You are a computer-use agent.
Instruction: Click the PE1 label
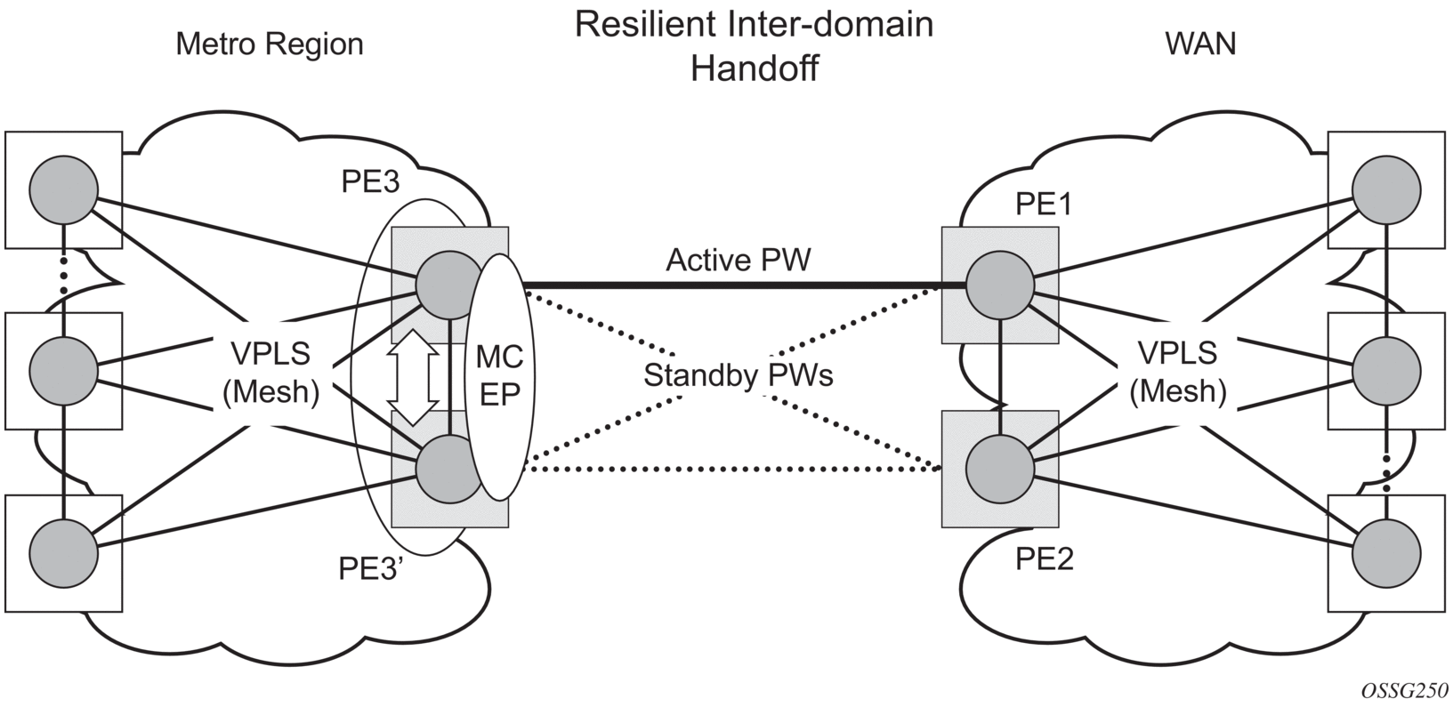tap(1044, 205)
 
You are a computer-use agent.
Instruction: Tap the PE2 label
tap(1045, 559)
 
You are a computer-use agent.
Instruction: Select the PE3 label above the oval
tap(371, 181)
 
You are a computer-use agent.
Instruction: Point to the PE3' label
tap(372, 568)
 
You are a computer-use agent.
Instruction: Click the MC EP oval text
tap(499, 376)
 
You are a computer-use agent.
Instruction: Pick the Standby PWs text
tap(739, 376)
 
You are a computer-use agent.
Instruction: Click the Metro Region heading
tap(270, 44)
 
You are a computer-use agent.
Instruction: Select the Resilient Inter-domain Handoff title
tap(754, 45)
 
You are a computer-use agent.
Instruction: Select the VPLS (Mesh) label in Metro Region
tap(271, 373)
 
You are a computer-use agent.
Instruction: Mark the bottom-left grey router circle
tap(63, 550)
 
